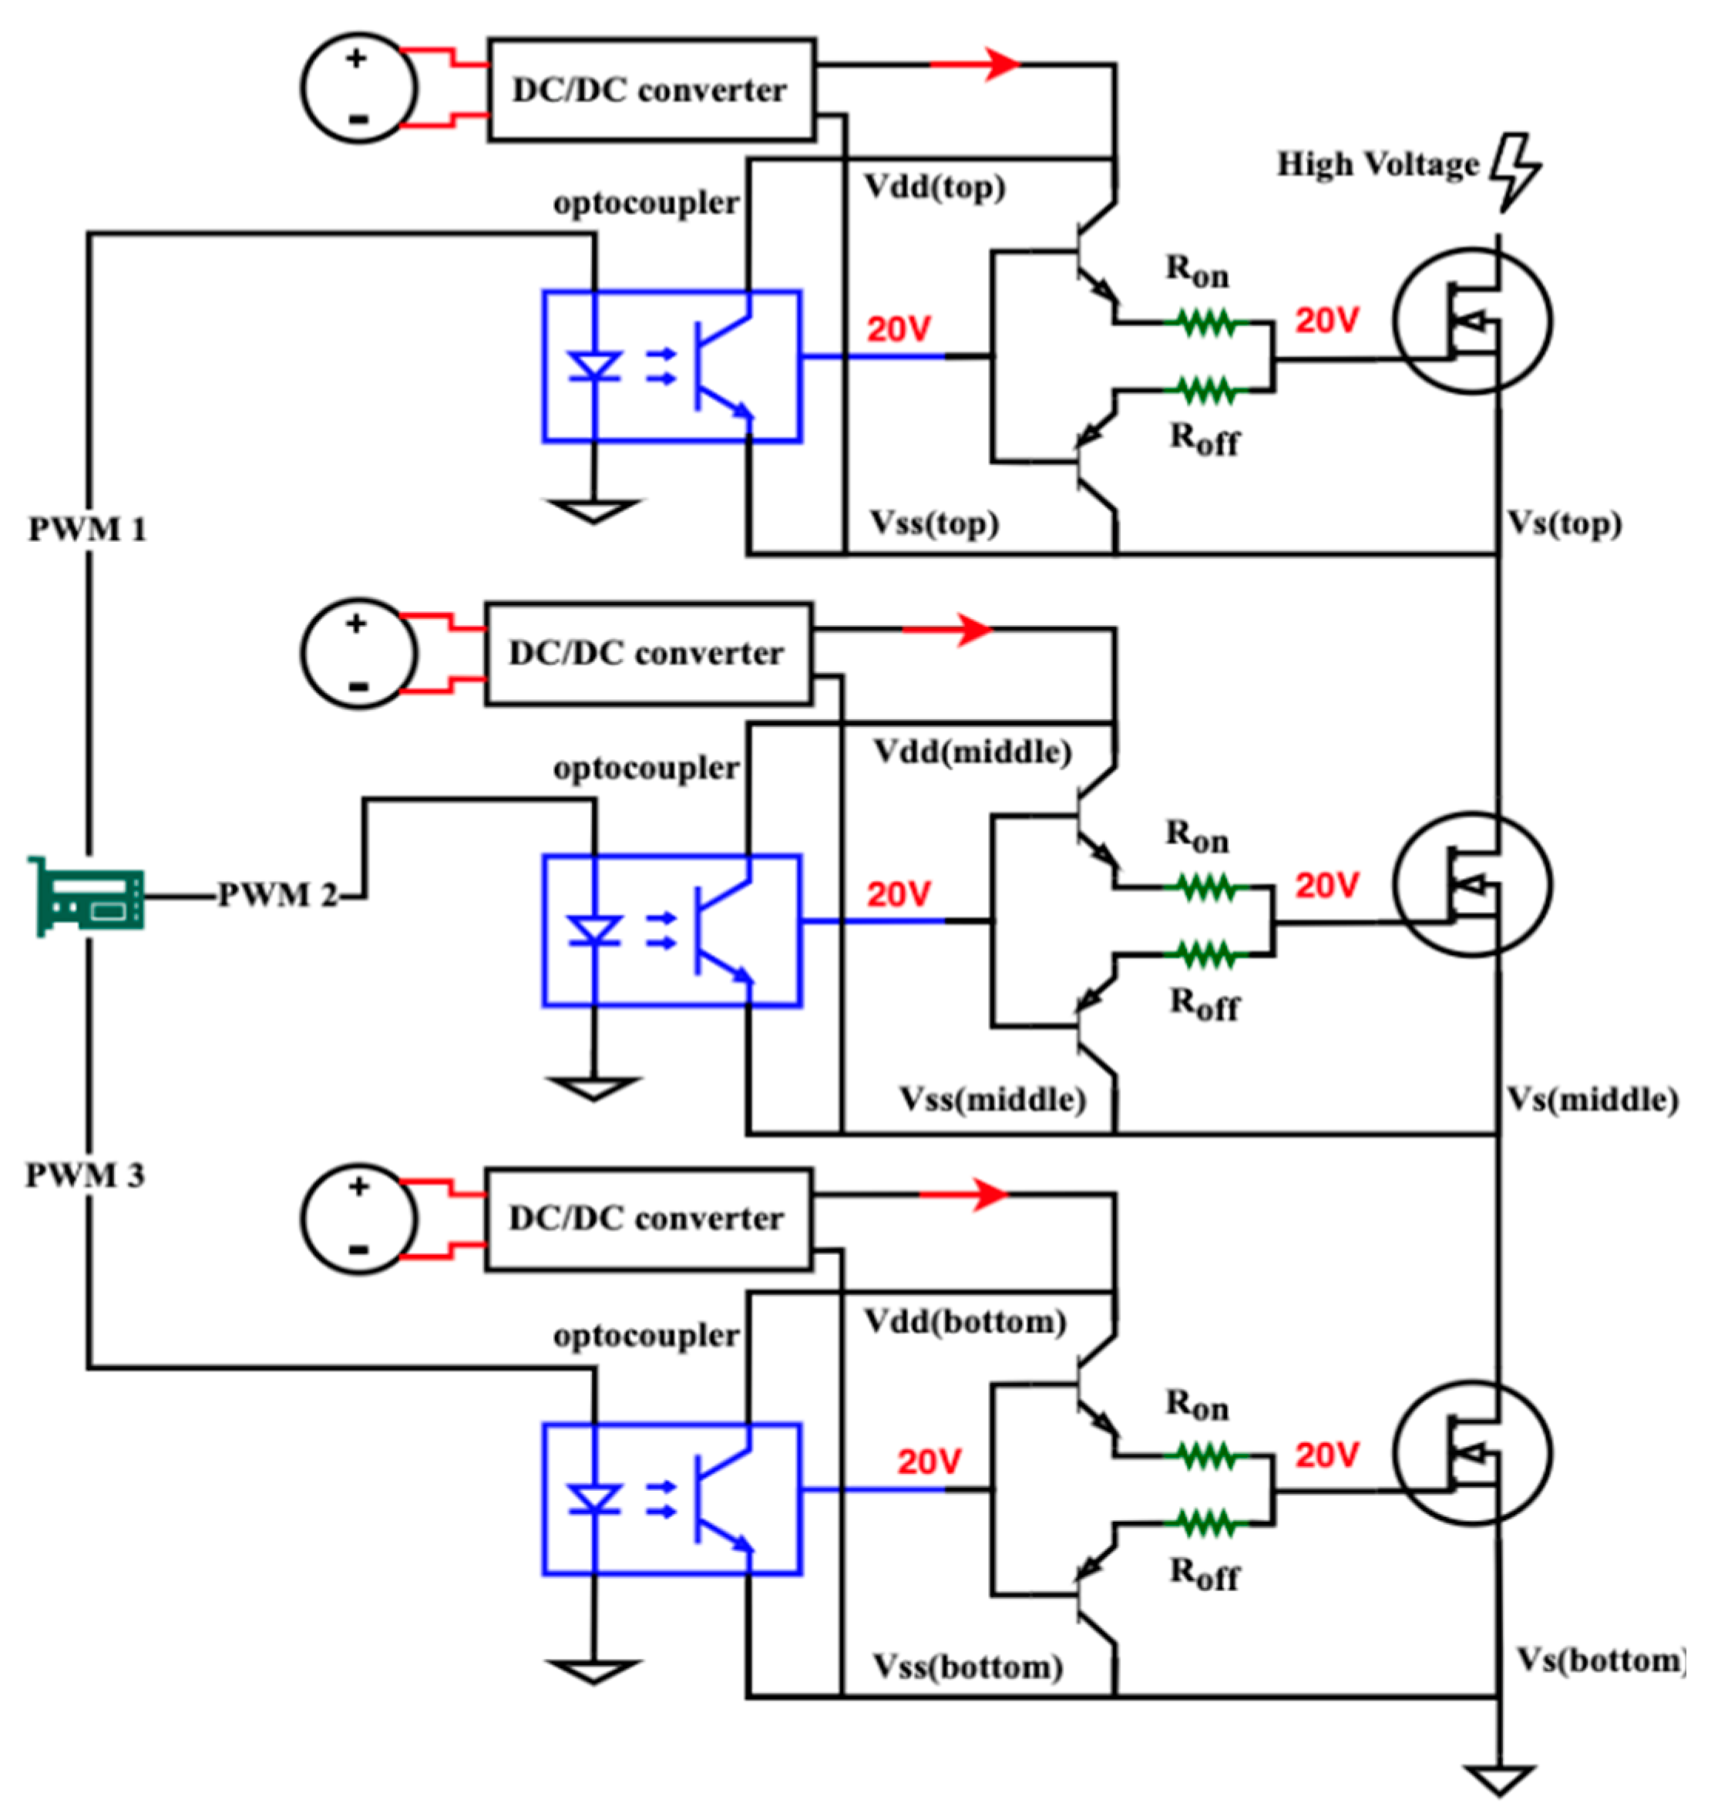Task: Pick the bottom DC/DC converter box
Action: [x=647, y=1219]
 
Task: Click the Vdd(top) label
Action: [x=935, y=187]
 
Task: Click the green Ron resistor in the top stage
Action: [x=1205, y=322]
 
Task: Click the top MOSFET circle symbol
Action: [x=1471, y=321]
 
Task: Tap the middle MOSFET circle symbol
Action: [x=1471, y=884]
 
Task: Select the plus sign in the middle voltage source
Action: [x=356, y=624]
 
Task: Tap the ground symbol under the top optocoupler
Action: [x=593, y=510]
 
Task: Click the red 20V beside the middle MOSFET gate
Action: [x=1326, y=885]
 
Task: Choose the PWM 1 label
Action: [x=87, y=529]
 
